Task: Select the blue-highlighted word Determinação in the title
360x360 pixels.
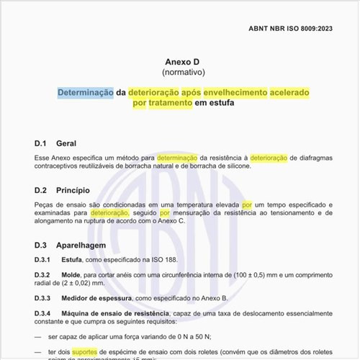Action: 86,92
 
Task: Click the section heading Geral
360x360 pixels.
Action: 66,143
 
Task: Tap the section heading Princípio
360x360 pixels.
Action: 73,191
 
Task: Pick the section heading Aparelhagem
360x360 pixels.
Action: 82,245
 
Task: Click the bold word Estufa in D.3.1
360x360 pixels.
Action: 72,259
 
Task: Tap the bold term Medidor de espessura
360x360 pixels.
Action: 96,297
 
